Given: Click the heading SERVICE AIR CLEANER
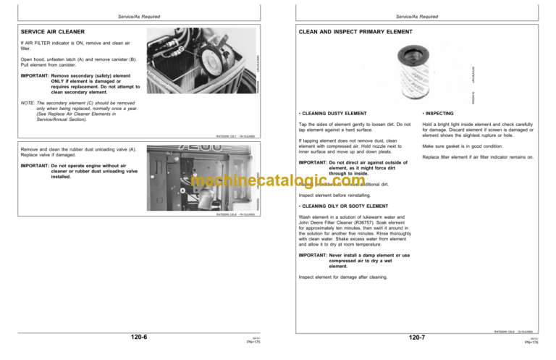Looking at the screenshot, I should pos(53,32).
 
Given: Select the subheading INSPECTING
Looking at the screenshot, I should pos(439,114).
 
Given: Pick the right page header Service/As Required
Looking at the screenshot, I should pos(417,16).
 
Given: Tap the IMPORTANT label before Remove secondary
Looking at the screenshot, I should pos(34,75).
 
